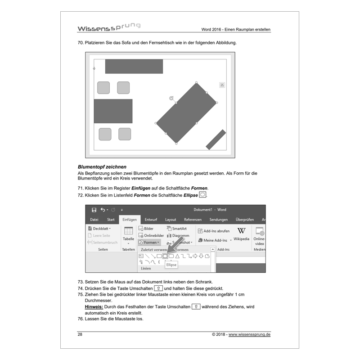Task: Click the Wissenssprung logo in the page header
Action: pyautogui.click(x=108, y=27)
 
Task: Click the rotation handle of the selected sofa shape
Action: pyautogui.click(x=171, y=98)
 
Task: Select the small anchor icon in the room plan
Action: pyautogui.click(x=94, y=68)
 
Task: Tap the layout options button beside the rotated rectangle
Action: pyautogui.click(x=222, y=85)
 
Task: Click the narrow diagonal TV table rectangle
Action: pyautogui.click(x=216, y=139)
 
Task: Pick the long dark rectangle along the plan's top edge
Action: pyautogui.click(x=134, y=66)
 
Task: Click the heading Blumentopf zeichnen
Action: pyautogui.click(x=102, y=166)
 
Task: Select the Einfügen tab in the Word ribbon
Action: pyautogui.click(x=130, y=220)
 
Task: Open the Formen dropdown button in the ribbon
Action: pyautogui.click(x=148, y=243)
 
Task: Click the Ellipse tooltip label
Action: pyautogui.click(x=171, y=265)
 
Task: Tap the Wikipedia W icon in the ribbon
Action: pyautogui.click(x=241, y=231)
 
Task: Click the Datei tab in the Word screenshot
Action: pyautogui.click(x=94, y=220)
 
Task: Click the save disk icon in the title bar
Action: pyautogui.click(x=94, y=210)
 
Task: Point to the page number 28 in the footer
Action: pyautogui.click(x=80, y=334)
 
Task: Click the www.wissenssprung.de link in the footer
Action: pyautogui.click(x=249, y=335)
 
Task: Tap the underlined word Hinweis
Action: pyautogui.click(x=93, y=306)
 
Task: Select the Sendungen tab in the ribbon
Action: pyautogui.click(x=218, y=220)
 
